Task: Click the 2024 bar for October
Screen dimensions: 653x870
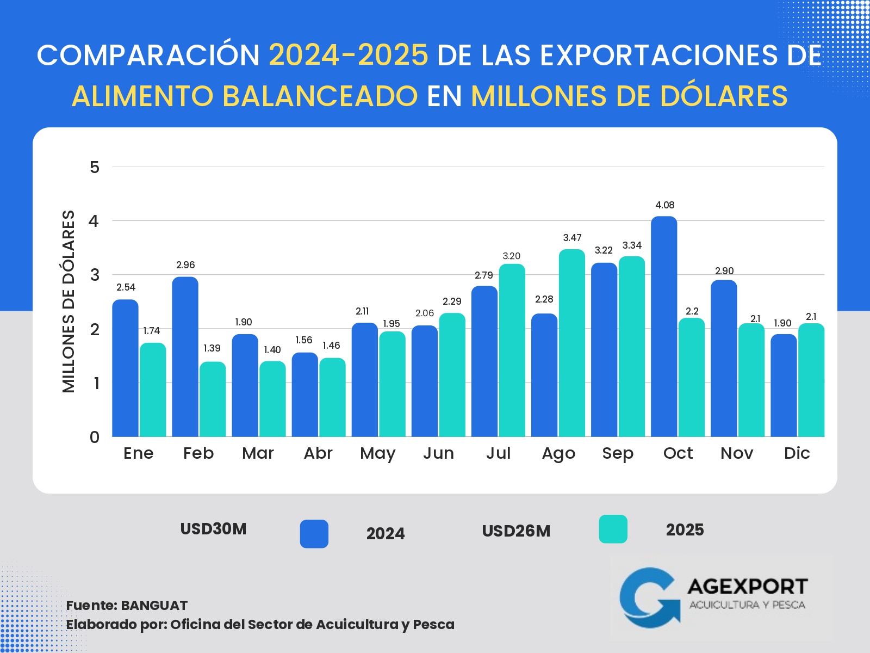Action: point(664,326)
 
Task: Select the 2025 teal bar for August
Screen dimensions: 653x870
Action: point(572,343)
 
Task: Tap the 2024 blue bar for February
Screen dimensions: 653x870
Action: point(185,356)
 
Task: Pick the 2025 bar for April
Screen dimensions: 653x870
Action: point(332,397)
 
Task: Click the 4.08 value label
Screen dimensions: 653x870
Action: point(664,205)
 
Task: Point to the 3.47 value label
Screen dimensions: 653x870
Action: point(572,238)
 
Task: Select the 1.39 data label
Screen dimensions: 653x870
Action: point(212,348)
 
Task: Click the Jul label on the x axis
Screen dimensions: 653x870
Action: point(498,453)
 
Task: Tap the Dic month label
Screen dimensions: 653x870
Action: point(797,453)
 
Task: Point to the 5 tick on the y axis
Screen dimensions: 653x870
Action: point(95,167)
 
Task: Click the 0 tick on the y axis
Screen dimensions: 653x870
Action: point(95,437)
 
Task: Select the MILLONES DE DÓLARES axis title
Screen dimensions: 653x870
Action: point(69,301)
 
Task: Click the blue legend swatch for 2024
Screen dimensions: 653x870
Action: point(314,534)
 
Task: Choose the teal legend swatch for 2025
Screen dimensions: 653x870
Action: point(613,529)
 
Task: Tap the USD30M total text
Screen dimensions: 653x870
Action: point(213,529)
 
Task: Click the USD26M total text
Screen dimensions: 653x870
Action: point(516,531)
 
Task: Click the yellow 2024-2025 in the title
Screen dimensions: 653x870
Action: point(349,55)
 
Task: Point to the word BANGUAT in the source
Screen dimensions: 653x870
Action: point(154,606)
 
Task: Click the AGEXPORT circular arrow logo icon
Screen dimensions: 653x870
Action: point(649,597)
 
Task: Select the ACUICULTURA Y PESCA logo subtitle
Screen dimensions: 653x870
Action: point(747,605)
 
